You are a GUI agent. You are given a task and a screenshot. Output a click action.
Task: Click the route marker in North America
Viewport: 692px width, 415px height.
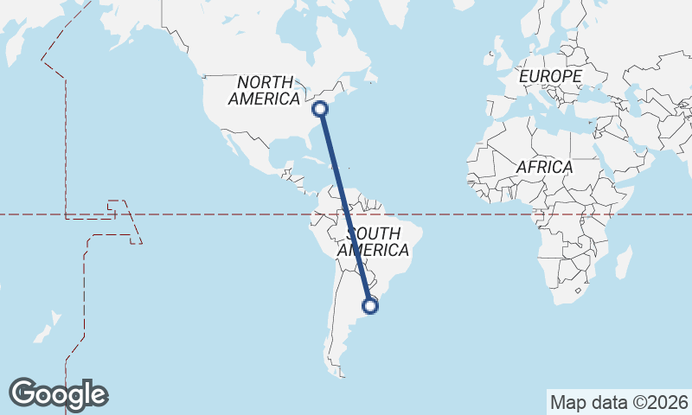[320, 108]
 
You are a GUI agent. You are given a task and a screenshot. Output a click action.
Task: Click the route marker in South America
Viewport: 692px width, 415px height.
[370, 305]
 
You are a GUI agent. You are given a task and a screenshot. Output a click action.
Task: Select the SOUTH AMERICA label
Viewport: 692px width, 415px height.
[374, 242]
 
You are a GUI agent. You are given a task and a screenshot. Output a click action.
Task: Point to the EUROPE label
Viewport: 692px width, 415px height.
[550, 77]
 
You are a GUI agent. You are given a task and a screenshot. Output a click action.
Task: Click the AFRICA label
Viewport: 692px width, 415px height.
[545, 167]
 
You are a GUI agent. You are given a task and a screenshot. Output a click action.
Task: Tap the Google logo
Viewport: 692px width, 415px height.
[58, 394]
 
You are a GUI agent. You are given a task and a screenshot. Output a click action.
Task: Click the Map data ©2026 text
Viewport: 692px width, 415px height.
[618, 402]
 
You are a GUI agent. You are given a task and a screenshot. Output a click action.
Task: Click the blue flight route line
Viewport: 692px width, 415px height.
[345, 207]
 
